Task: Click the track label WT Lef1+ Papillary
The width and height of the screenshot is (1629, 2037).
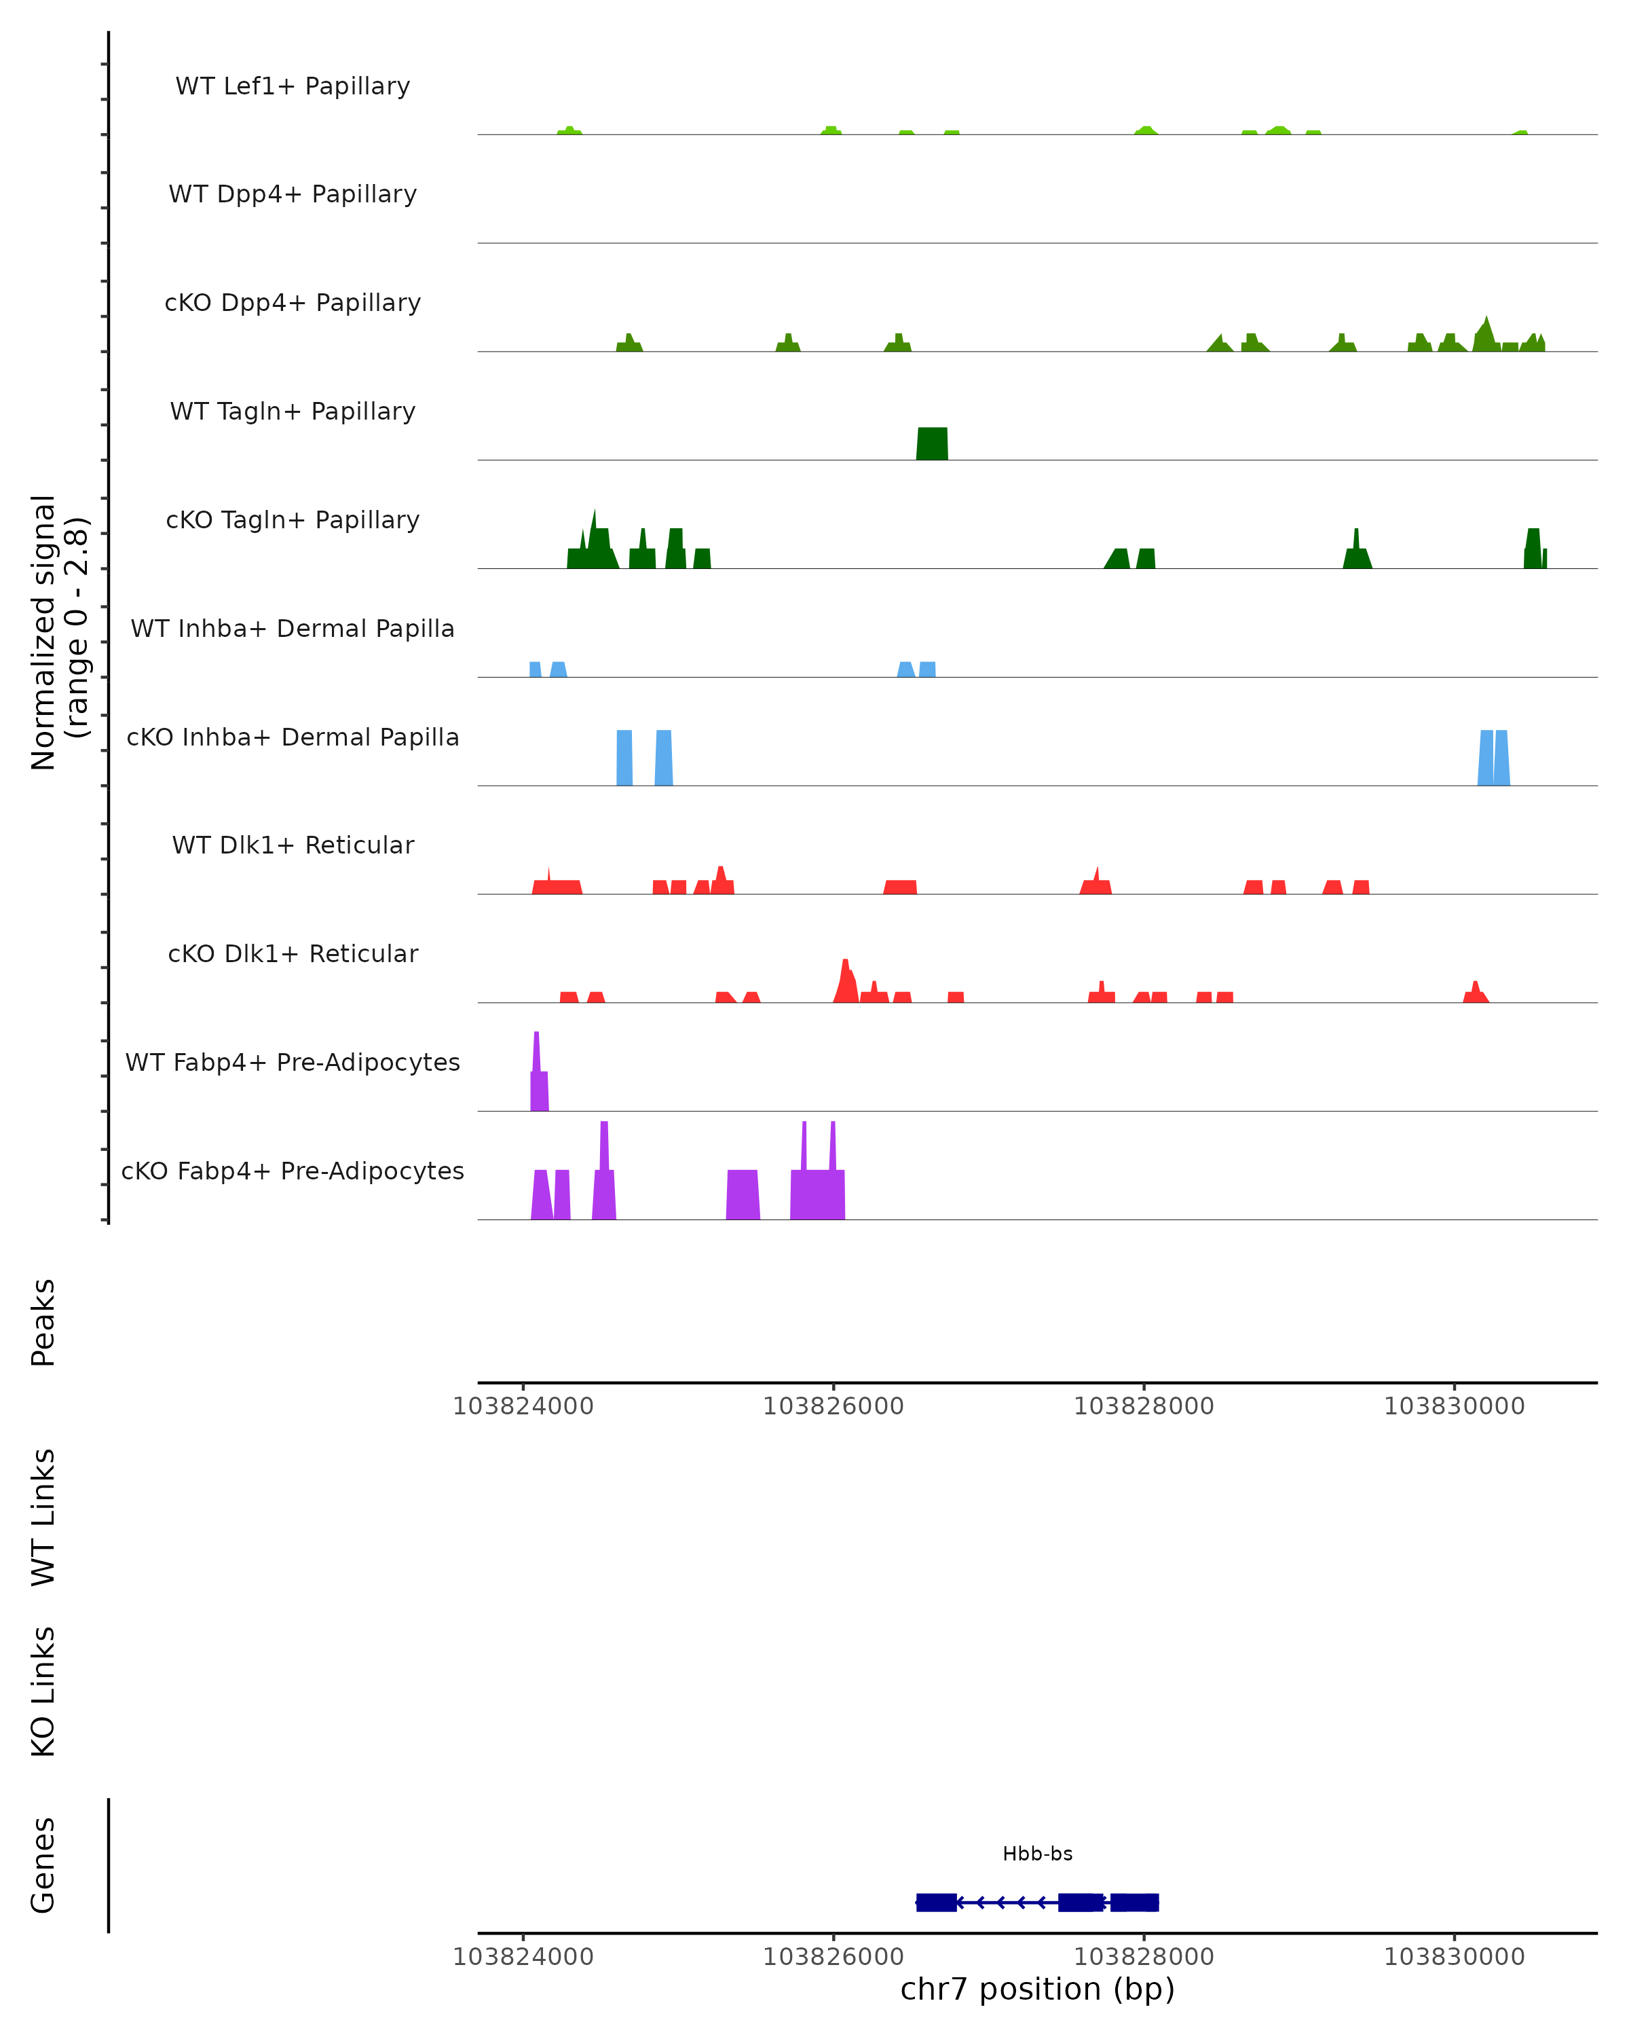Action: point(293,86)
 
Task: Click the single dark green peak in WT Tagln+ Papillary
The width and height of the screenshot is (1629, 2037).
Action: point(932,445)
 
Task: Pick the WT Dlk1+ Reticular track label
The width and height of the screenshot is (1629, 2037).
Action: point(293,845)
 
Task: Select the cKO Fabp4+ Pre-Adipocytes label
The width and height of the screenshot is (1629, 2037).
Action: point(293,1171)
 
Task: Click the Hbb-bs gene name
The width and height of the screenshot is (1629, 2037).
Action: point(1037,1854)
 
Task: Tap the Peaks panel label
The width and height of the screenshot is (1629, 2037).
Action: point(43,1322)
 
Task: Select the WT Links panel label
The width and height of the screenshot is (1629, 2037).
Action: point(43,1516)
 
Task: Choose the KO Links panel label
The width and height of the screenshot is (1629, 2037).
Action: point(43,1691)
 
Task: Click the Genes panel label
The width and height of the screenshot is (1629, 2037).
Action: point(43,1865)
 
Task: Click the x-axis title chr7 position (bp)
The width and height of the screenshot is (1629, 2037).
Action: point(1037,1989)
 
